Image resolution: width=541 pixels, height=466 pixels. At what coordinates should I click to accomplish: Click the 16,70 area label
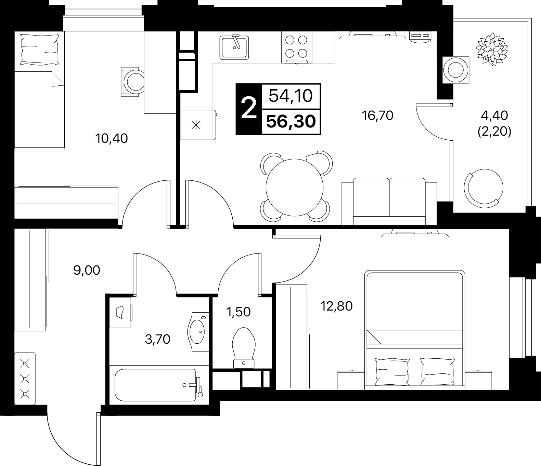[x=377, y=115]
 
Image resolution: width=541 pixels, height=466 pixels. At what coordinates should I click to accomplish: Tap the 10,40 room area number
[x=112, y=138]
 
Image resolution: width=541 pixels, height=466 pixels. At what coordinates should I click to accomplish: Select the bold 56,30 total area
[x=291, y=122]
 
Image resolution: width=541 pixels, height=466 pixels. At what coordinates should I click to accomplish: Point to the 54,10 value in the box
[x=291, y=96]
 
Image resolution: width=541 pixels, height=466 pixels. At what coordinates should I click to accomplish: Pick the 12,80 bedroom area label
[x=336, y=306]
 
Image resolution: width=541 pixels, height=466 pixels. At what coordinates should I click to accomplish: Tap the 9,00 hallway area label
[x=87, y=271]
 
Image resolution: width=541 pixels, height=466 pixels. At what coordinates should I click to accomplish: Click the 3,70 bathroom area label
[x=157, y=340]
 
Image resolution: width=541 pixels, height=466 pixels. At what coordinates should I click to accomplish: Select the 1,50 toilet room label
[x=239, y=312]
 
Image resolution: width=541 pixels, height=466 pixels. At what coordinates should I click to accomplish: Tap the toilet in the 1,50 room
[x=244, y=348]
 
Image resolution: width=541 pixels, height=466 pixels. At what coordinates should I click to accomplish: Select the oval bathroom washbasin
[x=198, y=332]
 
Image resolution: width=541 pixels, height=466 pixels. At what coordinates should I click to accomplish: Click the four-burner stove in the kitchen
[x=296, y=47]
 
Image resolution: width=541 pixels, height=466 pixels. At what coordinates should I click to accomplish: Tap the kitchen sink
[x=234, y=47]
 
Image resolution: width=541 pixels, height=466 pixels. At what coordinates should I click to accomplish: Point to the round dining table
[x=294, y=187]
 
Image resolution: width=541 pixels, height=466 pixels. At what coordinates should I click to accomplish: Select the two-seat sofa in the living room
[x=389, y=202]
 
